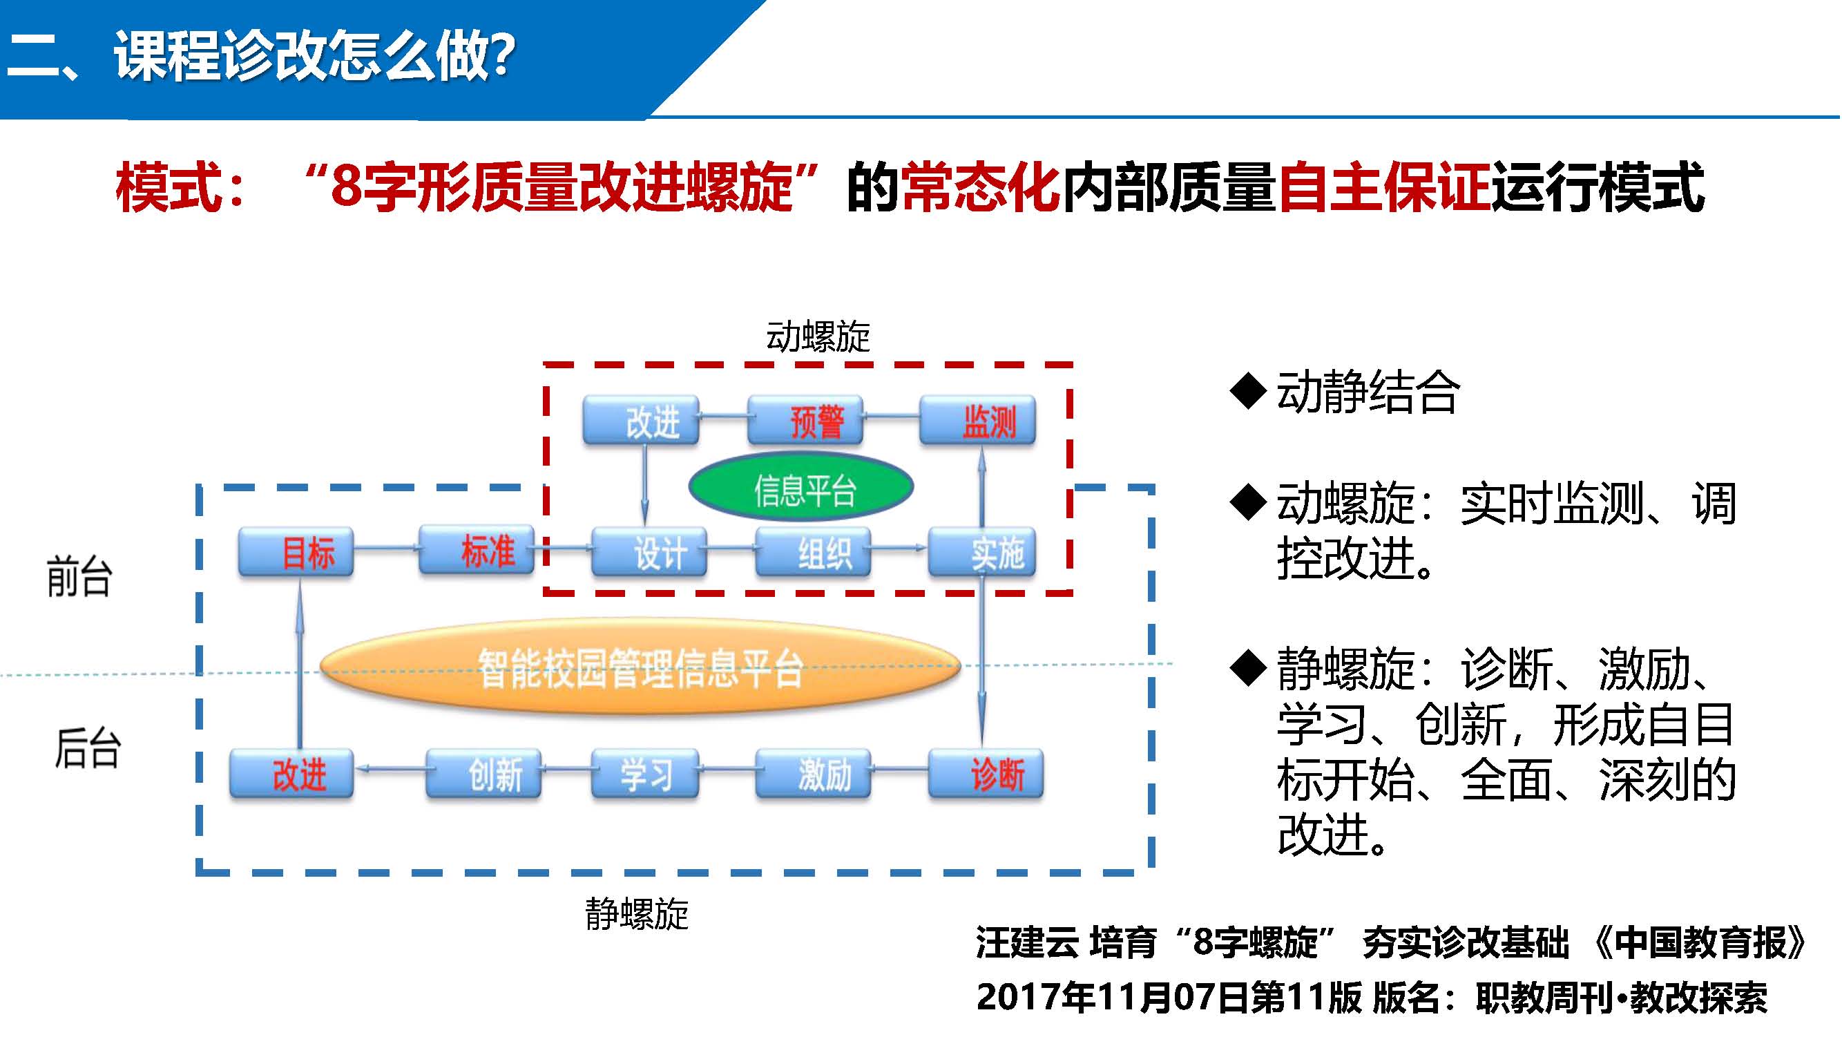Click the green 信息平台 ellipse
click(802, 488)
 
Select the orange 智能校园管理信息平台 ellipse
click(640, 667)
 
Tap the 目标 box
click(296, 552)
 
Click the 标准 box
click(477, 551)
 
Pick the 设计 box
click(650, 552)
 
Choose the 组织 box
click(814, 552)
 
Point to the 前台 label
click(79, 576)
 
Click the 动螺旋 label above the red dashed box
click(818, 337)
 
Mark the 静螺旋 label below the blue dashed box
click(636, 915)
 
